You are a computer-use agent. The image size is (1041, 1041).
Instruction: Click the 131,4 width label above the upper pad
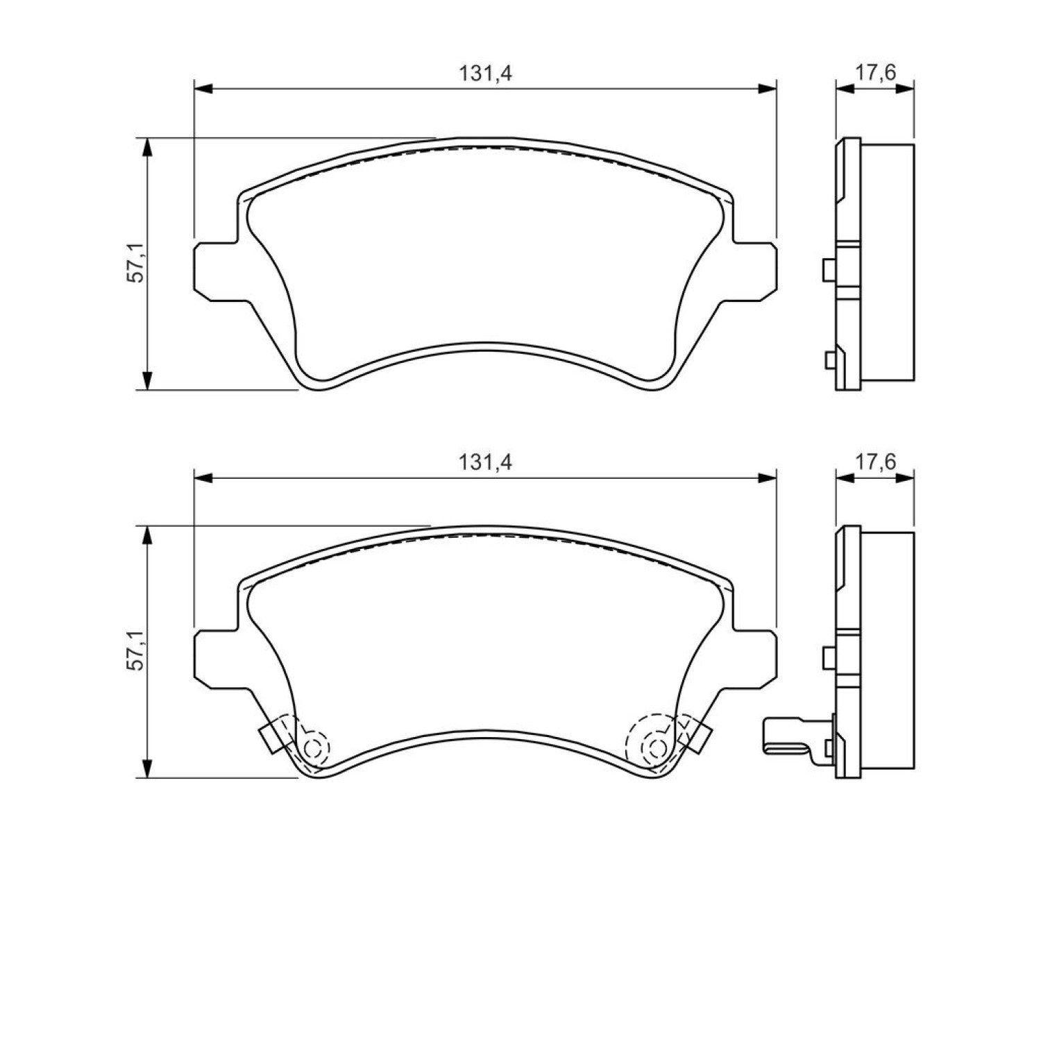point(485,74)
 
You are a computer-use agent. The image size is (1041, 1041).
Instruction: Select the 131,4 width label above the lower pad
point(485,462)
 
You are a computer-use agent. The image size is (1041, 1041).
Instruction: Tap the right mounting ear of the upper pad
point(752,271)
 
